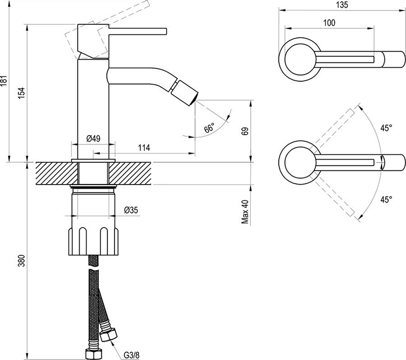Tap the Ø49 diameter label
93,138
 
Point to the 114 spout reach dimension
144,148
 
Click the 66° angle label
209,128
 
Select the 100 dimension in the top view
328,22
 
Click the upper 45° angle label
387,128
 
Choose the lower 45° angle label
387,200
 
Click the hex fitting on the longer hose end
93,353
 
